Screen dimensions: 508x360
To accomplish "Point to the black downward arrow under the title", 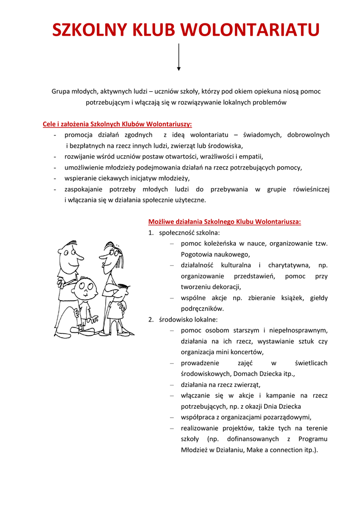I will click(x=179, y=57).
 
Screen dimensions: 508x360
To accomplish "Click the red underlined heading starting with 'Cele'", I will click(x=117, y=124).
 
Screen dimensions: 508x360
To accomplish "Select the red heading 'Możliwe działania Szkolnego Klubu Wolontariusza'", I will click(x=224, y=222).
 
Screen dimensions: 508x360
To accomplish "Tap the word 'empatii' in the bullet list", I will click(x=251, y=156).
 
